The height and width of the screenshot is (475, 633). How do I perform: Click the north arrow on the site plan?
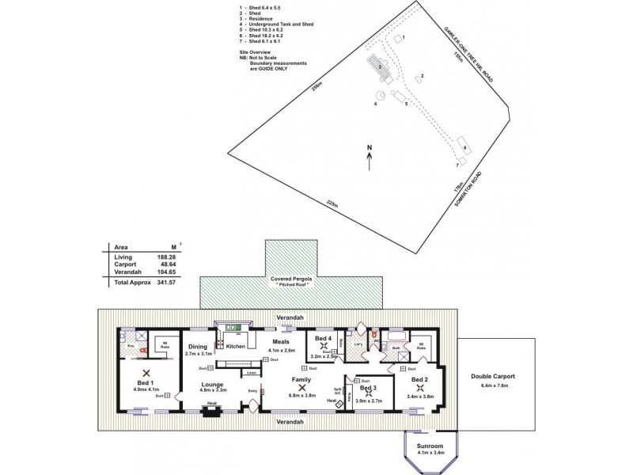point(369,158)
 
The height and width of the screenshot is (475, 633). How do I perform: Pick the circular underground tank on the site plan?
point(380,95)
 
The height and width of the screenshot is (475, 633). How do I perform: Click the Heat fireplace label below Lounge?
point(210,402)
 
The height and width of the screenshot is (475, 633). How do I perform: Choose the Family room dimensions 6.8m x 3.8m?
point(301,395)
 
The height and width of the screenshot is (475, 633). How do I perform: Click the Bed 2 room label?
point(419,379)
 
